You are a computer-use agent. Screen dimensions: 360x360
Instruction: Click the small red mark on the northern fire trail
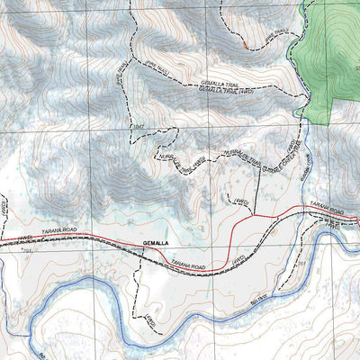pyautogui.click(x=244, y=43)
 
